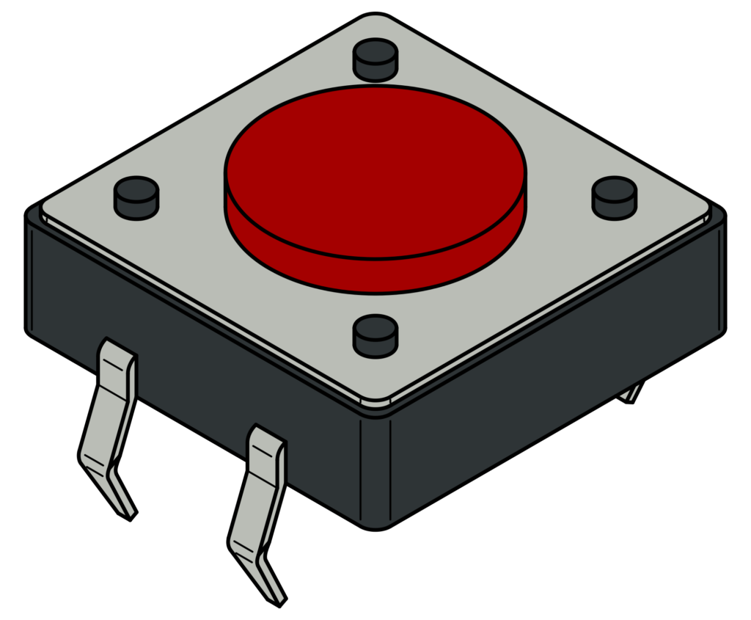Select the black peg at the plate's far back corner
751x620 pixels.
(x=375, y=59)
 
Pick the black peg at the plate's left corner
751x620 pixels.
(x=136, y=196)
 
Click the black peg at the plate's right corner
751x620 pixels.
(x=615, y=197)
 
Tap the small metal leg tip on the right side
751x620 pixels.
(x=631, y=393)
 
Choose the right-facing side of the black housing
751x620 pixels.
(x=557, y=382)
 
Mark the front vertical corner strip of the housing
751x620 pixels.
(x=375, y=470)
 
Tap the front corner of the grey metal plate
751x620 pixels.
(x=375, y=400)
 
